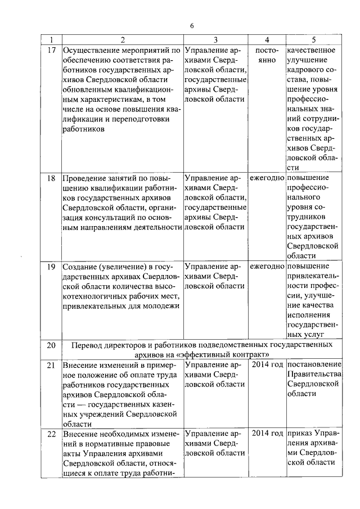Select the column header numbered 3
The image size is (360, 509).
[215, 40]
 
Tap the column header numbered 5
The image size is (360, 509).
[313, 40]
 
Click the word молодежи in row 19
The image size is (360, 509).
[159, 306]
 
